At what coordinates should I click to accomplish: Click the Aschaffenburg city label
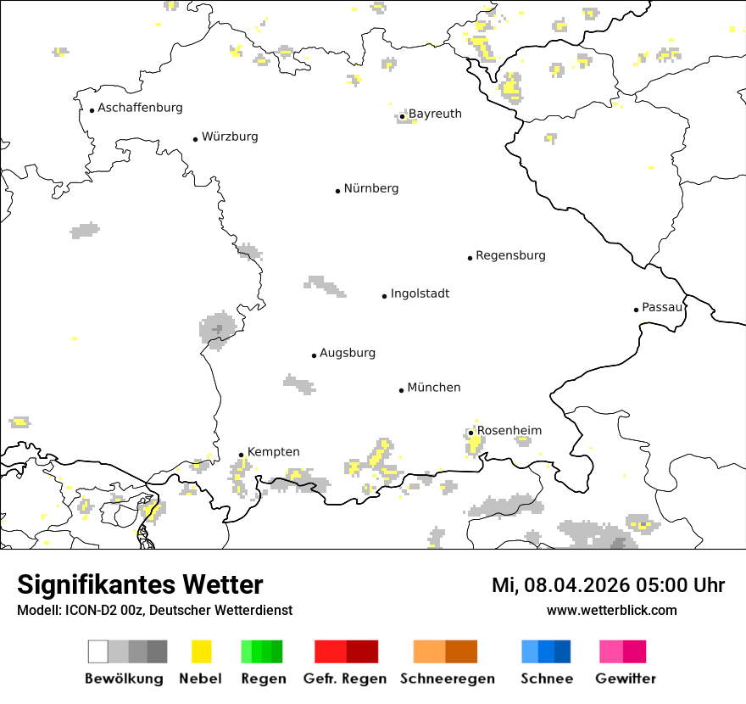coord(140,108)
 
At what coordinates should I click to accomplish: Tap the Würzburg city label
coord(230,137)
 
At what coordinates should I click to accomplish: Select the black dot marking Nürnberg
coord(337,191)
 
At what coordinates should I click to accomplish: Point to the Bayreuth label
coord(435,114)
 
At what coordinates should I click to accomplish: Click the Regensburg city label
coord(510,255)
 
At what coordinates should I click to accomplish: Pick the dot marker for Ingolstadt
coord(384,296)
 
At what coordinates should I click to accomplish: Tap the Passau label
coord(662,307)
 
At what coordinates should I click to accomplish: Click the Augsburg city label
coord(348,353)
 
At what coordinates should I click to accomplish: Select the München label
coord(434,388)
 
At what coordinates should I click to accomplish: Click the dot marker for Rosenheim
coord(470,433)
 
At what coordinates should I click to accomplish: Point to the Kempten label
coord(273,452)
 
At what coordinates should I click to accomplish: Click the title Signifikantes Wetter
coord(140,585)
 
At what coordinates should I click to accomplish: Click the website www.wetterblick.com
coord(611,611)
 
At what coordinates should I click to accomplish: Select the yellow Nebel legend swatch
coord(201,651)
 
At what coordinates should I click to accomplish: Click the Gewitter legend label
coord(625,679)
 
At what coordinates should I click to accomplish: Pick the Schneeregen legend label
coord(447,679)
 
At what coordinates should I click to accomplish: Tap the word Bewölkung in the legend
coord(124,679)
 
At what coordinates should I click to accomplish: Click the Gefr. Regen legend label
coord(344,679)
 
